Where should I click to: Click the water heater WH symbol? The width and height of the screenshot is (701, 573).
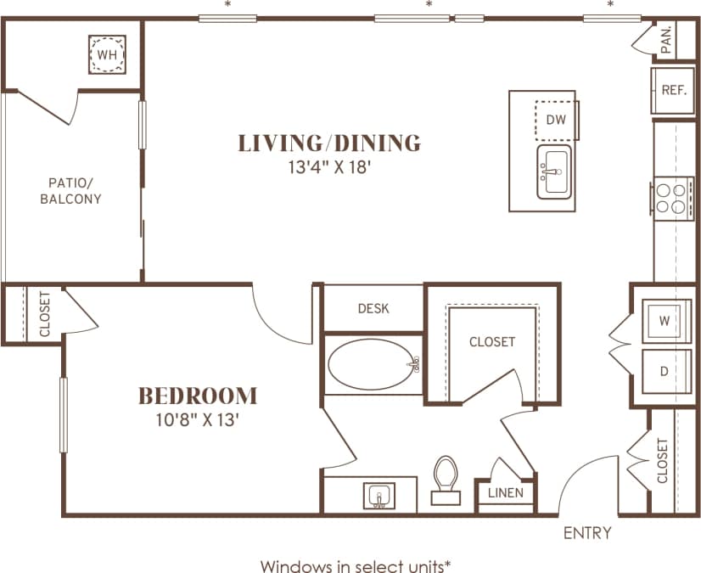107,55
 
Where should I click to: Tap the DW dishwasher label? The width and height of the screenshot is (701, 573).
556,119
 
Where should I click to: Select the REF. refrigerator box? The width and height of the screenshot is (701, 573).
674,91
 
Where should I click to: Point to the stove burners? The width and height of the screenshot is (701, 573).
670,197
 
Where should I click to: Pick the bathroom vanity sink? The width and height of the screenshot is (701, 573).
379,494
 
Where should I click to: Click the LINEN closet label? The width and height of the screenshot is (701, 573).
504,493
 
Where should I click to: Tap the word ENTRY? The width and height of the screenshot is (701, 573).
587,533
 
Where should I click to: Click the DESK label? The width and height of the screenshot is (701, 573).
373,308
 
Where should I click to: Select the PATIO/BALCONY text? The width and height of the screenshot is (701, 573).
75,190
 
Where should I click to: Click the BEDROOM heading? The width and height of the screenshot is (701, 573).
198,396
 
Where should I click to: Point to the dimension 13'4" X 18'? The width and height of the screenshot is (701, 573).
330,167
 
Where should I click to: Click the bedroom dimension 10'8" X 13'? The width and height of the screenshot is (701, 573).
198,419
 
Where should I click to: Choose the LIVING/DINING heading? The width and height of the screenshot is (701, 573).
329,143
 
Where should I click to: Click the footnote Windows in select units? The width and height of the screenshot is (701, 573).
355,565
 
